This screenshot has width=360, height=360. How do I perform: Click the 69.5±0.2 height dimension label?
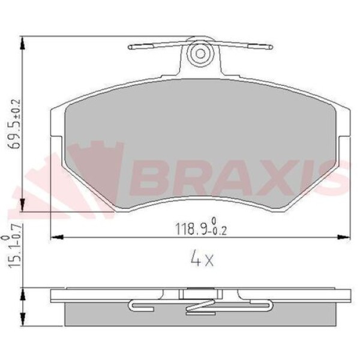[15, 124]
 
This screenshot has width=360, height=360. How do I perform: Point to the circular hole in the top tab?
[200, 54]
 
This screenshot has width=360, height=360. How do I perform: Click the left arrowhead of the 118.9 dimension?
[56, 237]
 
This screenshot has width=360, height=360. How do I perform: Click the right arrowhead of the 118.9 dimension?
[344, 237]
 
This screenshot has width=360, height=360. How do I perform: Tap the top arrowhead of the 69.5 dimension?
[22, 43]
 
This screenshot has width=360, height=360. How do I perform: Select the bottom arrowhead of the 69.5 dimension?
[22, 205]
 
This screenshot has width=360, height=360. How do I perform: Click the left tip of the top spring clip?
[129, 47]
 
